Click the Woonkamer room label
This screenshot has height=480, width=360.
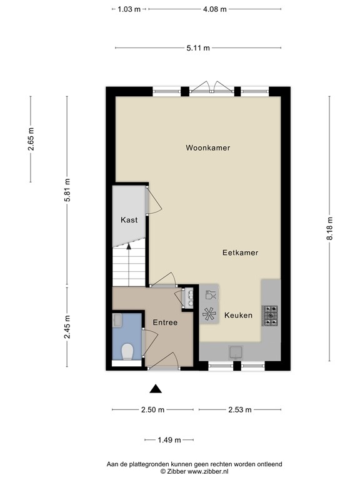tap(207, 148)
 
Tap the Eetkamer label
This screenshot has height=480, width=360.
tap(240, 252)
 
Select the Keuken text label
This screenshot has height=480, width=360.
tap(238, 316)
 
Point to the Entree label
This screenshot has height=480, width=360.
tap(165, 322)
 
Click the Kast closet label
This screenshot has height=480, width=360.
tap(129, 220)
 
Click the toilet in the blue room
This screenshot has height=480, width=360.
tap(127, 351)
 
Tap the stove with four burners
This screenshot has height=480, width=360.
tap(271, 315)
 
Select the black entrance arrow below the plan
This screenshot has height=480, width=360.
tap(156, 389)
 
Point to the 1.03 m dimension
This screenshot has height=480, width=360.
tap(129, 9)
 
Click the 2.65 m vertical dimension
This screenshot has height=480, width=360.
tap(31, 139)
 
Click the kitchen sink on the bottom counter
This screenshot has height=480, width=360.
tap(236, 351)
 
